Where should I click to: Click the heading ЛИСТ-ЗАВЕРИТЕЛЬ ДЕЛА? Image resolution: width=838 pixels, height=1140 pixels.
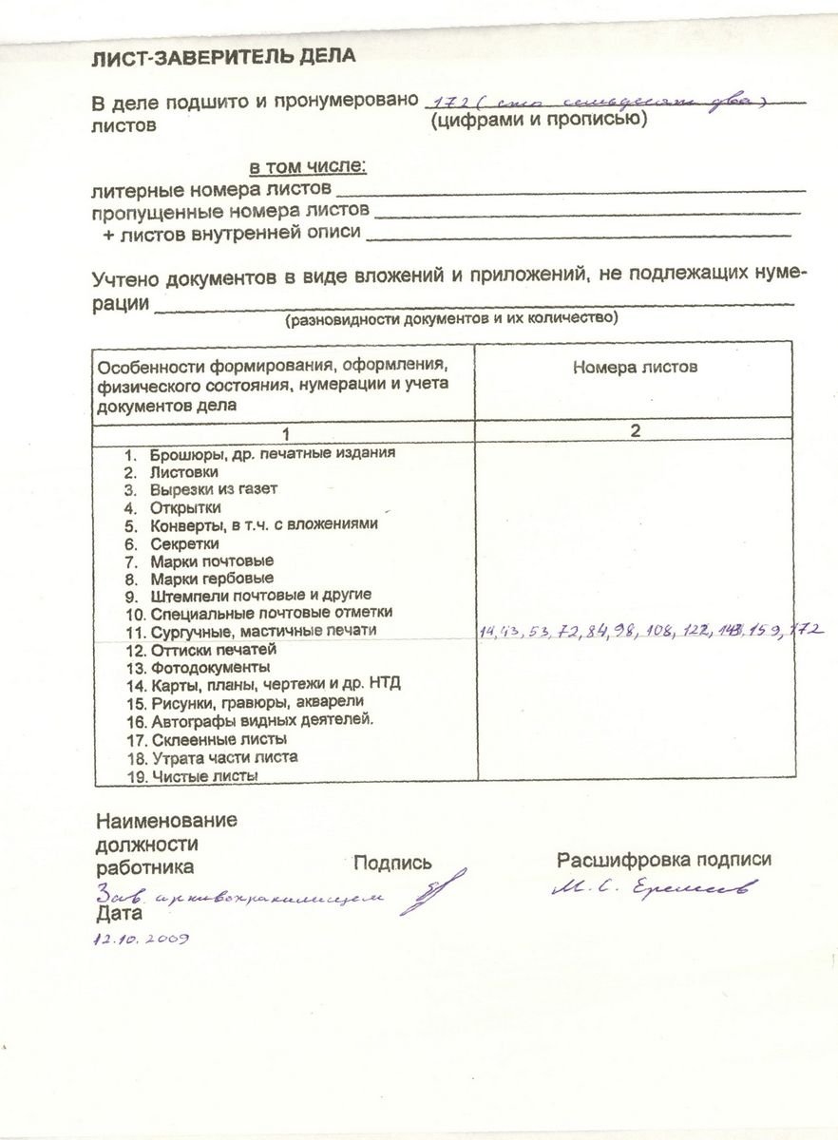[x=223, y=57]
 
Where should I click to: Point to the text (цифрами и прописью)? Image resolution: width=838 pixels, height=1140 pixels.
[x=538, y=121]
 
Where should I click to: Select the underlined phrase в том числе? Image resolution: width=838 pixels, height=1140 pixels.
[x=308, y=167]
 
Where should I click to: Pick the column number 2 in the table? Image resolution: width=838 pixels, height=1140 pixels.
[x=635, y=430]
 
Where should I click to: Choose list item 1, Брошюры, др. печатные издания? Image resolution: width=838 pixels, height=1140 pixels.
[x=259, y=453]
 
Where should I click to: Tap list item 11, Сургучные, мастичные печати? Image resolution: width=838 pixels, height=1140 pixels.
[x=251, y=630]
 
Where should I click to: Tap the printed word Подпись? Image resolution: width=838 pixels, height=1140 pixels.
[x=391, y=864]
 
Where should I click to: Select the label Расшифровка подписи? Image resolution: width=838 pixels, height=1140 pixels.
[x=663, y=860]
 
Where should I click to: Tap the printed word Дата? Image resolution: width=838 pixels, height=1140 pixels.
[x=119, y=915]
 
